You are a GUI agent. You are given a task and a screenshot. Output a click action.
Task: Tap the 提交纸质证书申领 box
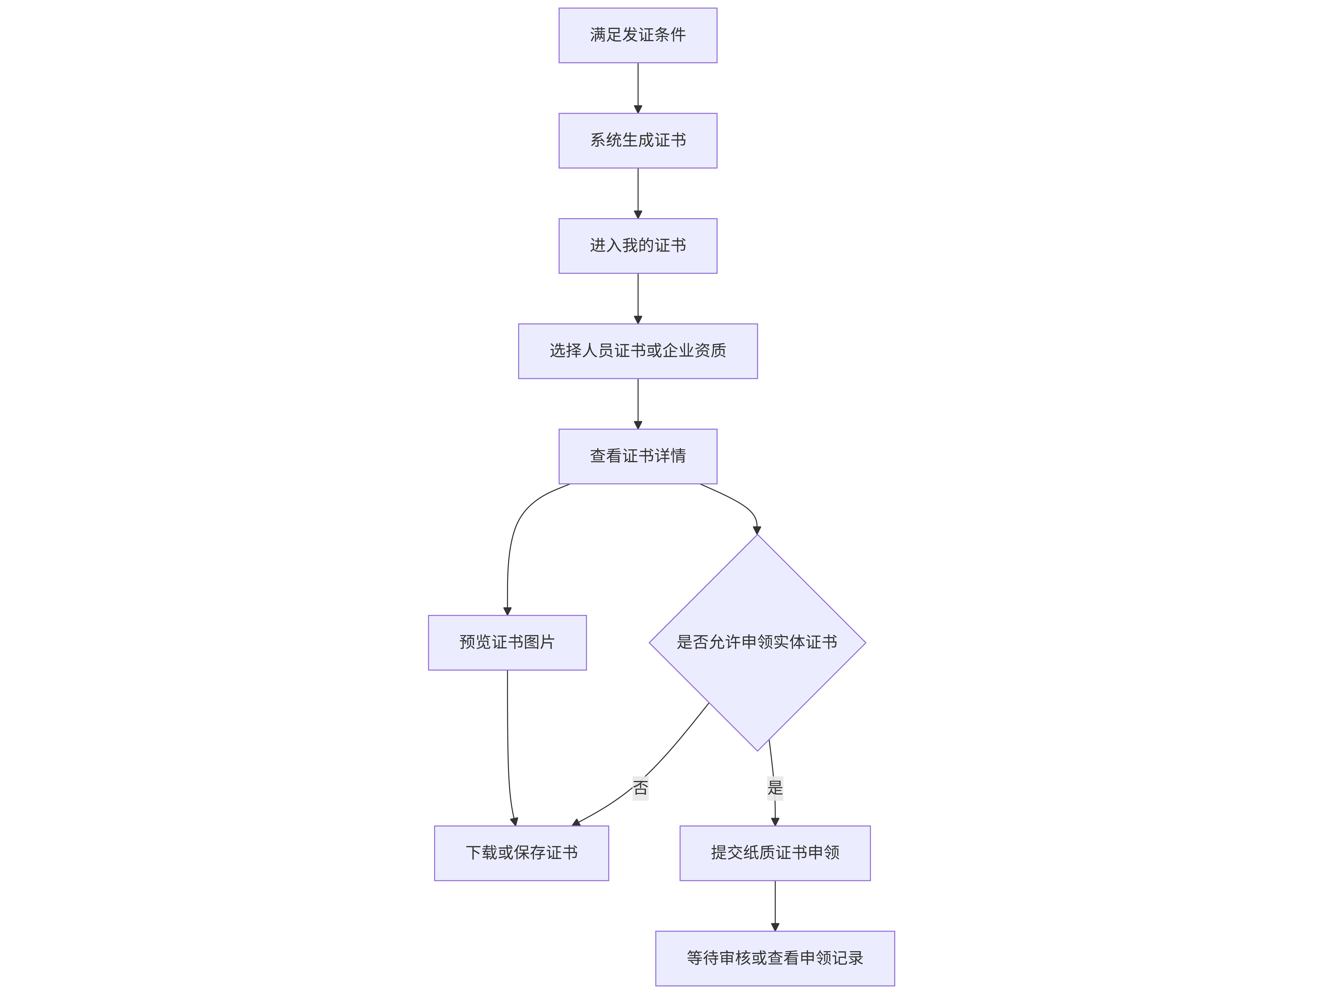coord(775,853)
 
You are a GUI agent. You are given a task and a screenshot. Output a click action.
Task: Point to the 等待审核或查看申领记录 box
coord(775,959)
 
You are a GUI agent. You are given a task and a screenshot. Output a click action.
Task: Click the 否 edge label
coord(640,788)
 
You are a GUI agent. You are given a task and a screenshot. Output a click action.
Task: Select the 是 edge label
coord(775,788)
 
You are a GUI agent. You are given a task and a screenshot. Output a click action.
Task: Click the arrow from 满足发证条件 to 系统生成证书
coord(638,88)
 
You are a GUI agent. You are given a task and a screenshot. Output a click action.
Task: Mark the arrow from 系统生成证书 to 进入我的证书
coord(638,193)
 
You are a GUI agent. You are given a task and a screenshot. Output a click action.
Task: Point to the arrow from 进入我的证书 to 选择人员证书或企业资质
coord(638,299)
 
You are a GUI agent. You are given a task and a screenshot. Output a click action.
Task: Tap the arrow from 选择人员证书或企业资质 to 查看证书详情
coord(638,404)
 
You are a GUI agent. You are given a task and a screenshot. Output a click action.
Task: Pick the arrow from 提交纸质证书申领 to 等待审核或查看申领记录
coord(775,906)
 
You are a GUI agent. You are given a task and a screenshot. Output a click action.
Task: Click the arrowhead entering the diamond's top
coord(757,530)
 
